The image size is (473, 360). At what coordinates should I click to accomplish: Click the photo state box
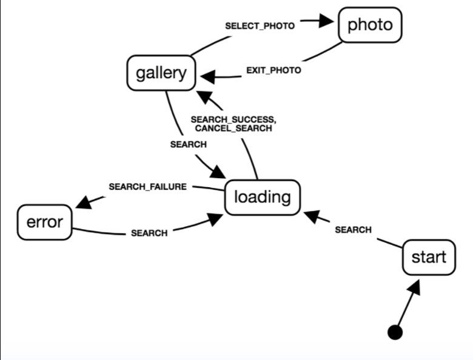pyautogui.click(x=370, y=25)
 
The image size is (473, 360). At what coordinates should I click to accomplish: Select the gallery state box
pyautogui.click(x=161, y=73)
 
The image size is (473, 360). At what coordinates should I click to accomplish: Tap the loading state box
pyautogui.click(x=263, y=197)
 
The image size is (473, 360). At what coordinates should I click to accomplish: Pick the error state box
pyautogui.click(x=44, y=222)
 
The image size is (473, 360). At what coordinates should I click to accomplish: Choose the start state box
pyautogui.click(x=429, y=257)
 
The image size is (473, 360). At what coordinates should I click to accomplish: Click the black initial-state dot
pyautogui.click(x=395, y=332)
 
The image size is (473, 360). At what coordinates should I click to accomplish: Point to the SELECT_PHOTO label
pyautogui.click(x=260, y=26)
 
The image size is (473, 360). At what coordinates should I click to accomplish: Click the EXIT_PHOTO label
pyautogui.click(x=273, y=70)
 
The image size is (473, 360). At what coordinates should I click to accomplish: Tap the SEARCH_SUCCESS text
pyautogui.click(x=233, y=119)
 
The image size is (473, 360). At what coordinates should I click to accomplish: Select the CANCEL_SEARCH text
pyautogui.click(x=233, y=128)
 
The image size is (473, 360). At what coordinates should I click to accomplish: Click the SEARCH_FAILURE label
pyautogui.click(x=147, y=187)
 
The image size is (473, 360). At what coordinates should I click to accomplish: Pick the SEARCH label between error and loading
pyautogui.click(x=149, y=233)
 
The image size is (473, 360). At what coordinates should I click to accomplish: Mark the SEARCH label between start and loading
pyautogui.click(x=353, y=230)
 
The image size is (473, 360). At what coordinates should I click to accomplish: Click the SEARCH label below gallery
pyautogui.click(x=188, y=145)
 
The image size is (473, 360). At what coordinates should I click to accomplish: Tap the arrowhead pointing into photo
pyautogui.click(x=326, y=22)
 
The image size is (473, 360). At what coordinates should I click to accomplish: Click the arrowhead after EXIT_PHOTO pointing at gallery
pyautogui.click(x=208, y=77)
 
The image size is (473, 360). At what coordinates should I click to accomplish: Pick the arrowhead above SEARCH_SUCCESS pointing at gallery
pyautogui.click(x=204, y=96)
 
